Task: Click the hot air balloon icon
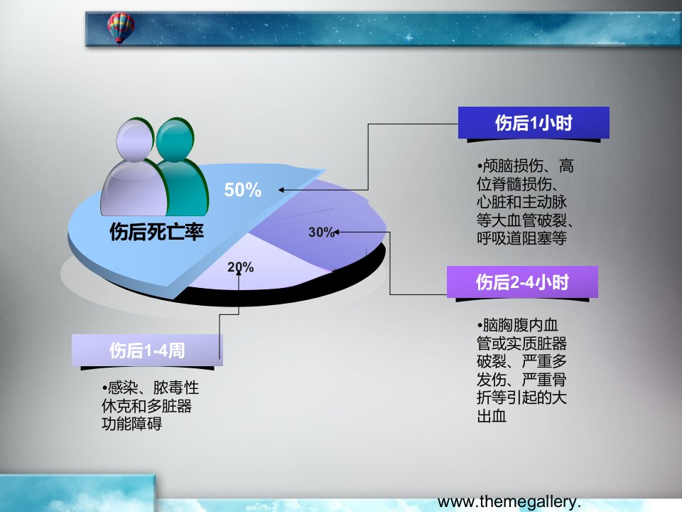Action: (x=121, y=28)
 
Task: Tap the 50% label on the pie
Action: (x=243, y=190)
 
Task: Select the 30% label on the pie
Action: (x=321, y=232)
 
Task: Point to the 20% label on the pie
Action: (x=241, y=267)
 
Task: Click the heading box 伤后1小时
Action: (x=534, y=123)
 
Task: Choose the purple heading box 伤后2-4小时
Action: (x=522, y=282)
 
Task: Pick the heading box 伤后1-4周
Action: (x=147, y=350)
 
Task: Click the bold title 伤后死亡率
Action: (x=156, y=232)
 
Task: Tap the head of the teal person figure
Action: (x=175, y=139)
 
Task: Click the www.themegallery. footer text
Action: (x=509, y=502)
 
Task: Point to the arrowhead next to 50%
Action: (x=281, y=190)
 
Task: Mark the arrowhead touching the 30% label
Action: (x=336, y=233)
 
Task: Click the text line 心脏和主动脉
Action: (x=521, y=202)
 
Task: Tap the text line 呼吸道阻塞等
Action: (x=521, y=238)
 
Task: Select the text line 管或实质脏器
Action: (x=521, y=343)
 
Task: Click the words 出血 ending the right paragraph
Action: (x=492, y=416)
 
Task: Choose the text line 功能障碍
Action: (x=132, y=424)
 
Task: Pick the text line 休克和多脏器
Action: (x=146, y=406)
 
